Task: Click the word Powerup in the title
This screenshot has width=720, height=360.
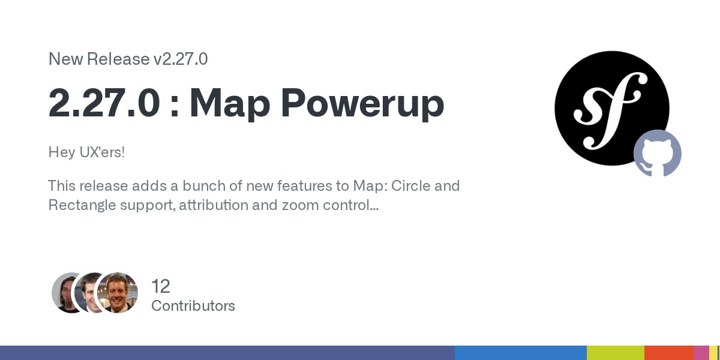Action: coord(363,103)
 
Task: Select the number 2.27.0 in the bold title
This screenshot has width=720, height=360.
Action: coord(104,103)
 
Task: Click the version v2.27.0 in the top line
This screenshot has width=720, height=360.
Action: coord(181,59)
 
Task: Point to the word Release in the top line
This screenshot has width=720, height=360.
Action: coord(118,59)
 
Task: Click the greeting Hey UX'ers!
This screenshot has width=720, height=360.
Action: coord(86,152)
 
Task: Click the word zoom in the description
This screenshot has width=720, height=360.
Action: coord(300,205)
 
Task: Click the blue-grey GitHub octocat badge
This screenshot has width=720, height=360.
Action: coord(658,153)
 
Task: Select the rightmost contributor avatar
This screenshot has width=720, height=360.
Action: coord(118,292)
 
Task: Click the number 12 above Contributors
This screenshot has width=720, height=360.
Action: coord(161,286)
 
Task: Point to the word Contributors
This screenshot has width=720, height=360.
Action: coord(193,306)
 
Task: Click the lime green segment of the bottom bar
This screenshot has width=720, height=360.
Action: coord(615,353)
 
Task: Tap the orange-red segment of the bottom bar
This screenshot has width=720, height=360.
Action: coord(669,353)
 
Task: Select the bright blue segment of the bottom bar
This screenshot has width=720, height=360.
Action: coord(520,353)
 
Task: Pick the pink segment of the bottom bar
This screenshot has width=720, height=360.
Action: coord(701,353)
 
